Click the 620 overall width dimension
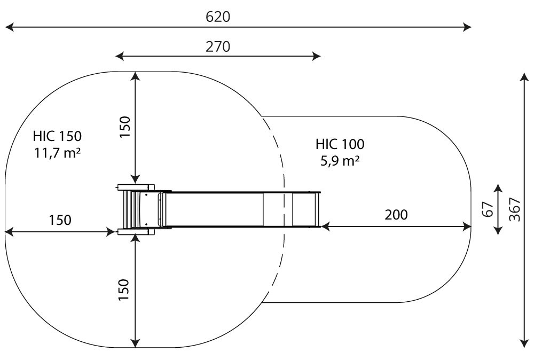coord(218,17)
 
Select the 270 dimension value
coord(218,46)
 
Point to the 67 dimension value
coord(488,209)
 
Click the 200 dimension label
coord(396,215)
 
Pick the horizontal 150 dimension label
coord(60,220)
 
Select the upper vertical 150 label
coord(124,127)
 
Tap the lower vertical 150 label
coord(124,289)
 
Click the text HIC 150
coord(57,136)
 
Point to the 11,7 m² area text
coord(57,153)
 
